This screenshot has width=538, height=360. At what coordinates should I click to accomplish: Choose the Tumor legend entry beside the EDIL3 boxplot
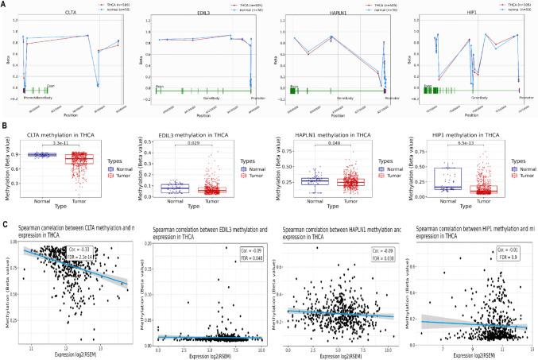(253, 176)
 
